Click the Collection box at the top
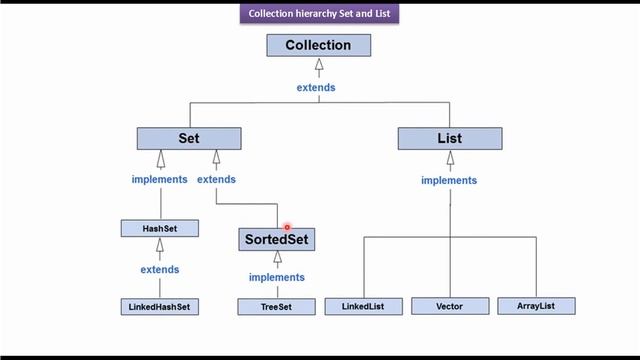[x=318, y=45]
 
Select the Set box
[x=189, y=138]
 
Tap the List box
[x=449, y=138]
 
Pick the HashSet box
[x=159, y=229]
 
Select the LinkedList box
[x=363, y=305]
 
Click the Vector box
[x=450, y=305]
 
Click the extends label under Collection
[x=316, y=87]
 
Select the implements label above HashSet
[x=159, y=180]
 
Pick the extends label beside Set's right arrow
[x=216, y=180]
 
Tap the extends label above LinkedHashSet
[x=159, y=270]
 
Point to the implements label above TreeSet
[x=277, y=277]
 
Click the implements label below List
[x=449, y=181]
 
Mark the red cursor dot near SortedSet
[x=287, y=228]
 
